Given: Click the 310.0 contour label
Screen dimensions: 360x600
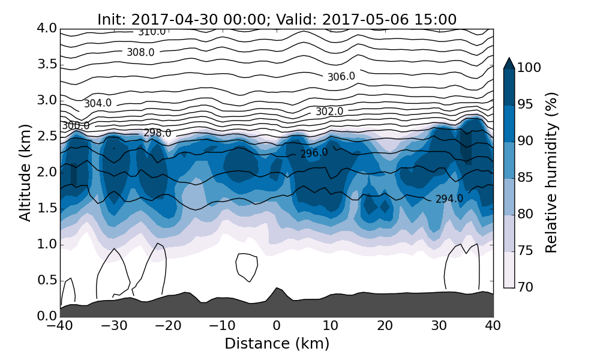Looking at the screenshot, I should [152, 32].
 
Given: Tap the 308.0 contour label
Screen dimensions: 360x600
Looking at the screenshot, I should [140, 53].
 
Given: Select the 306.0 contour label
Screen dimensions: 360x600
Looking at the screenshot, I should [341, 77].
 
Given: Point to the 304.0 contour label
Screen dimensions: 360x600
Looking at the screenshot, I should [98, 103].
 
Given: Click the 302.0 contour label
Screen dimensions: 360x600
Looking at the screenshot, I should [329, 112].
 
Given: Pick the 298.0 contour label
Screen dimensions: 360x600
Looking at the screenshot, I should [157, 133].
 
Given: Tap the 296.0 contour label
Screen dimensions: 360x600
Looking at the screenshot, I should [314, 154].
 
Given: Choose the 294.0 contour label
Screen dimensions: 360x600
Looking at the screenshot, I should [449, 199].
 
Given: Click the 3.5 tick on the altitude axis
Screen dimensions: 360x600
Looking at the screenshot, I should [46, 64].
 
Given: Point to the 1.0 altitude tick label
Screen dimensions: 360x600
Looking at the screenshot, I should [46, 244].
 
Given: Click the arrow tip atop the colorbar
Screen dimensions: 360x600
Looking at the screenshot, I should [509, 59].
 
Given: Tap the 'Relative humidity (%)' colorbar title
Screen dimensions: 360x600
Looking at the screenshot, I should [551, 172].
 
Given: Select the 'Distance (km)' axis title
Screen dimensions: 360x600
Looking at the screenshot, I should [277, 344].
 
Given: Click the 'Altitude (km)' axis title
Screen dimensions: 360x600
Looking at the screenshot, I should [25, 172].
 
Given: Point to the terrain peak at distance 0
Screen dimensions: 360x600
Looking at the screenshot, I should [277, 289].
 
